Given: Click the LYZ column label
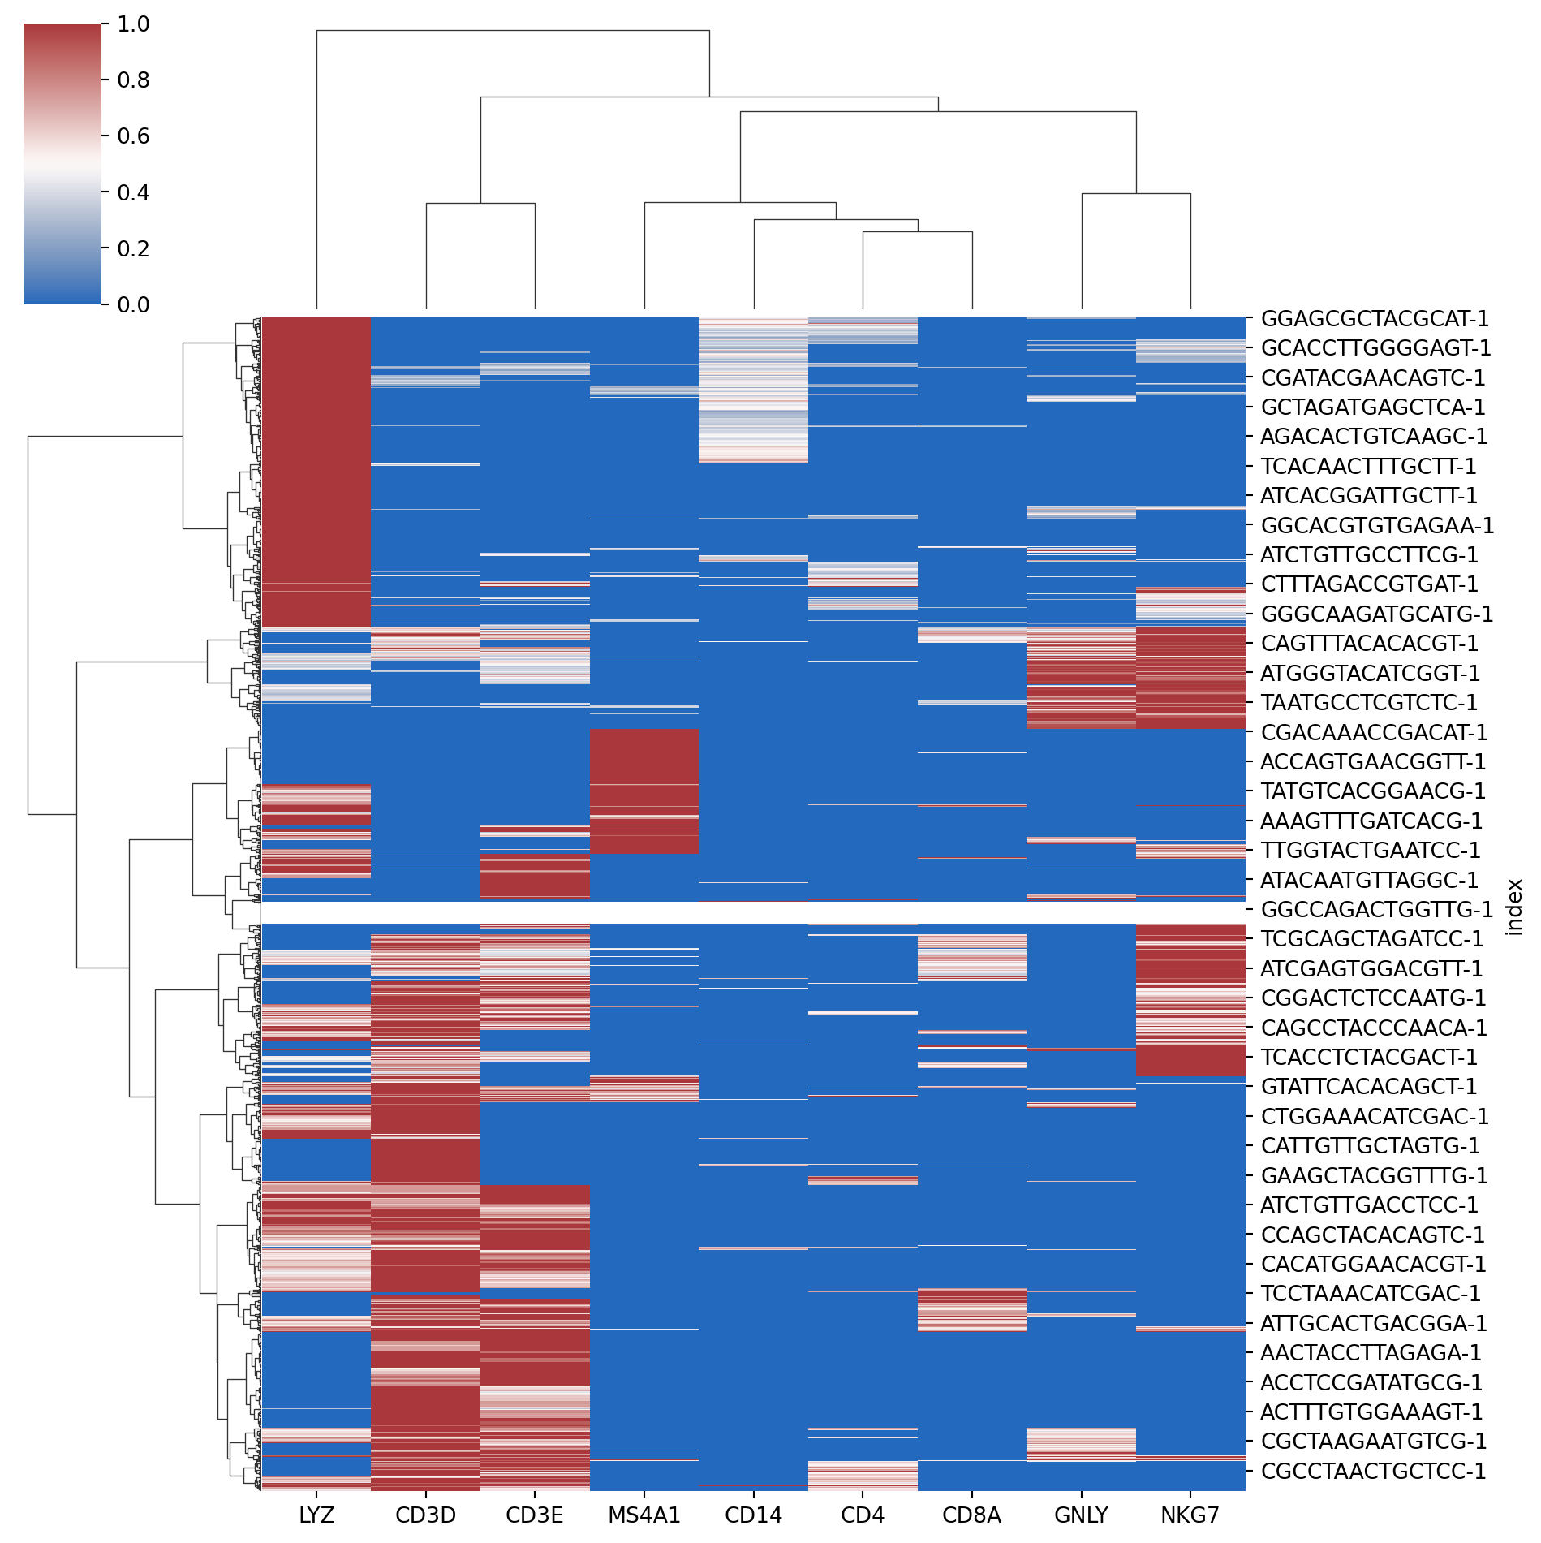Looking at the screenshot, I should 316,1515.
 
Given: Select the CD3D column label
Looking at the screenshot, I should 425,1515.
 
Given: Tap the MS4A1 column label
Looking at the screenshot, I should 644,1515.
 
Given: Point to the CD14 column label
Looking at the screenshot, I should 753,1515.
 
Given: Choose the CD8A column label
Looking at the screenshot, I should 971,1515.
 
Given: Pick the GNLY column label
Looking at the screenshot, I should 1081,1515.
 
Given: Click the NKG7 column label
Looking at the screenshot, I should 1190,1515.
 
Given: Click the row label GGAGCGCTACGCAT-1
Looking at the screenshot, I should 1375,318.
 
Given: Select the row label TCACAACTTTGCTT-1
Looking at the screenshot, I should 1368,466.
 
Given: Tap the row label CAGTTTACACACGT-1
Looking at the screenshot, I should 1369,643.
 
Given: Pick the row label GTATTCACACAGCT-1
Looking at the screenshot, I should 1369,1086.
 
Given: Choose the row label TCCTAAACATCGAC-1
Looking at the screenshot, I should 1371,1293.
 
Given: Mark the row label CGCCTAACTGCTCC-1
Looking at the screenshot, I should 1373,1470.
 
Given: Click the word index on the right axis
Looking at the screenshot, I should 1513,907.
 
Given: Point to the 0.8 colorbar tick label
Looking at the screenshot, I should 133,80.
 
